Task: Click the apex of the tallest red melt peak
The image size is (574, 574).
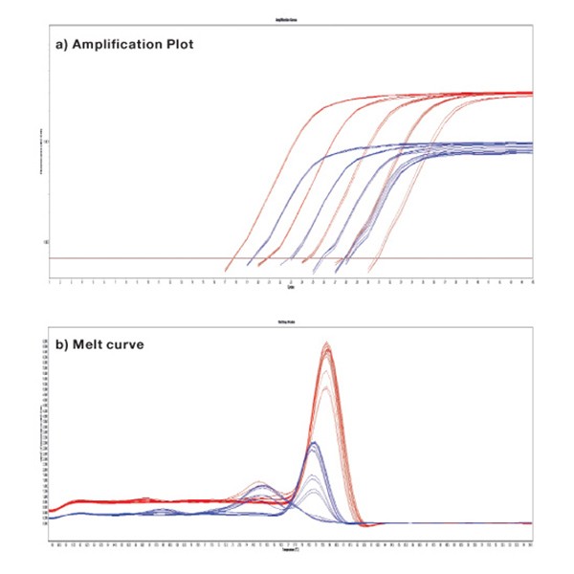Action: [x=327, y=343]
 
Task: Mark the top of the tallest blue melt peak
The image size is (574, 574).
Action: [x=314, y=444]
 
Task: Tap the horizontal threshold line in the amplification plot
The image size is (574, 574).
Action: [x=143, y=258]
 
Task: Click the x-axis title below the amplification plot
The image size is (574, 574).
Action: [x=290, y=289]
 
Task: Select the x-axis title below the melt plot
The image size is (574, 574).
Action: [x=290, y=552]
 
